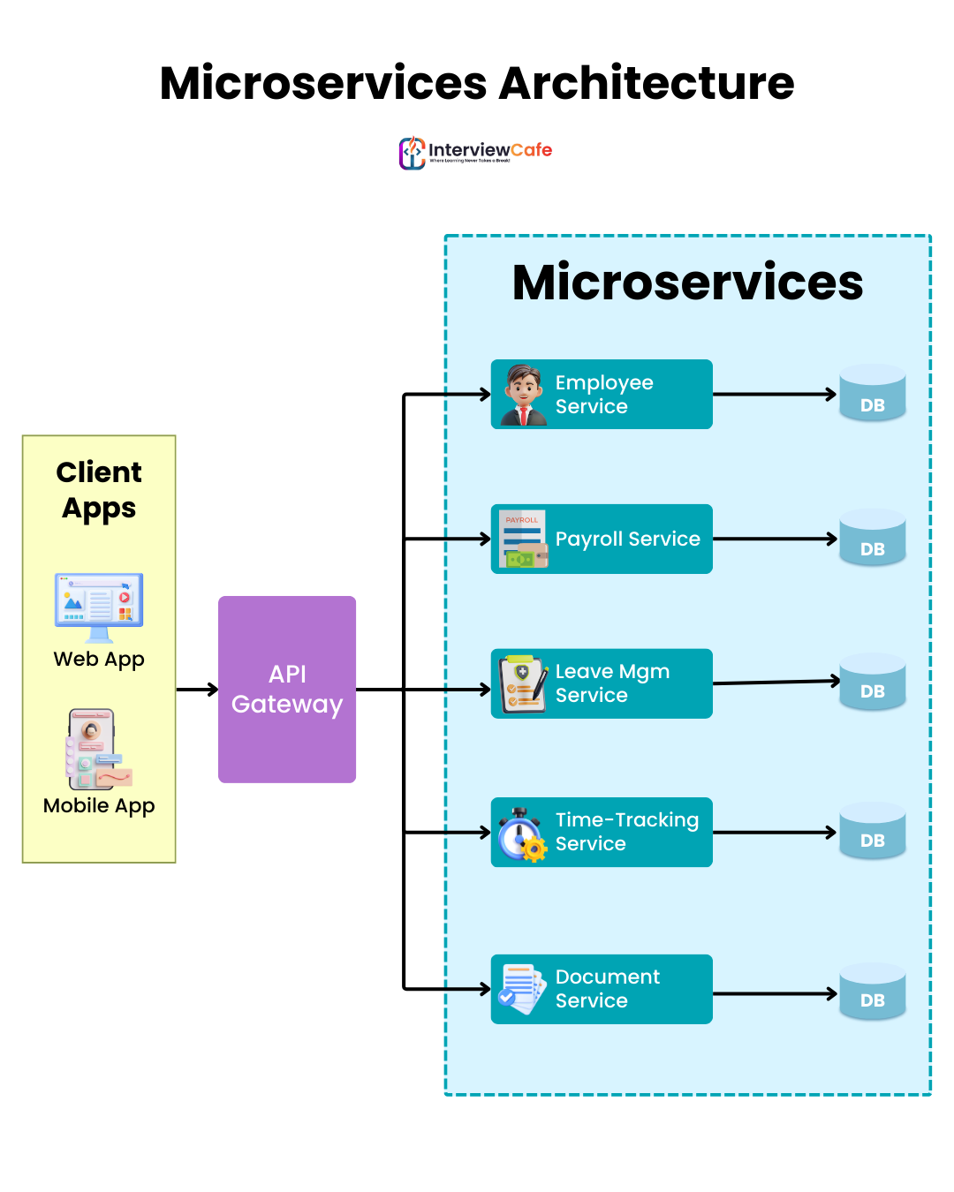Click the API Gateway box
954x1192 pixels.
[x=287, y=690]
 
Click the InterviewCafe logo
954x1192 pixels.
[x=475, y=152]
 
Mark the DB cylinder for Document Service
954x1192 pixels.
[x=873, y=991]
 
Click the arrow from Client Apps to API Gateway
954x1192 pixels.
[x=197, y=689]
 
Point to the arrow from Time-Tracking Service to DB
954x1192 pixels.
[x=774, y=832]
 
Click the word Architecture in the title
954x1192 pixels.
[x=646, y=83]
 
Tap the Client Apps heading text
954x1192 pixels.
[x=99, y=490]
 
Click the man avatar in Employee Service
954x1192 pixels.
[x=524, y=395]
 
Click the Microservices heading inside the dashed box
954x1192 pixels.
[x=687, y=283]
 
